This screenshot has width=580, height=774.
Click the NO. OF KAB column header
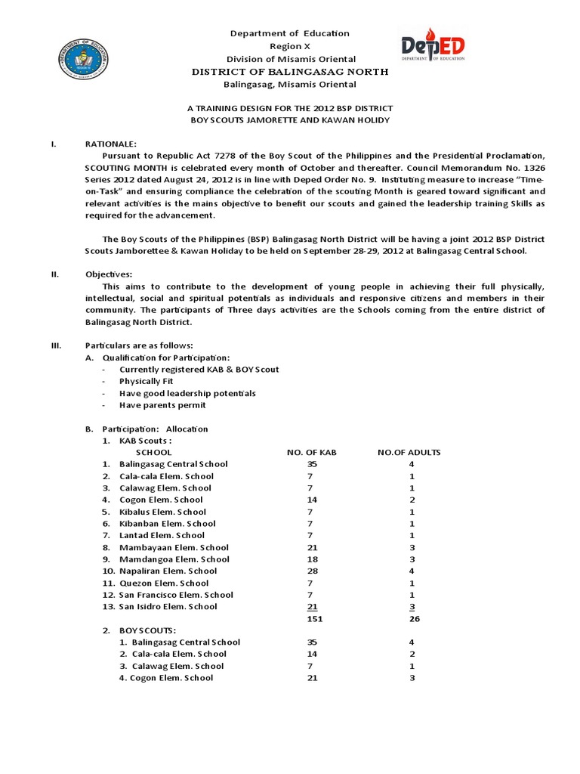pyautogui.click(x=311, y=452)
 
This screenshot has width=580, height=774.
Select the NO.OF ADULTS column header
pyautogui.click(x=409, y=452)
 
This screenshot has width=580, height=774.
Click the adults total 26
pyautogui.click(x=413, y=618)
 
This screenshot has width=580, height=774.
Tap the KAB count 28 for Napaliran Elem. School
pyautogui.click(x=311, y=571)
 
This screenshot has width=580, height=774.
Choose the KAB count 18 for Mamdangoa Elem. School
pyautogui.click(x=311, y=559)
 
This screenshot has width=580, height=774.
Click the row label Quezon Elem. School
pyautogui.click(x=164, y=583)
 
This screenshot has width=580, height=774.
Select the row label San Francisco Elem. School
pyautogui.click(x=176, y=595)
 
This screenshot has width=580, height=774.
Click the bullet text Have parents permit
pyautogui.click(x=162, y=405)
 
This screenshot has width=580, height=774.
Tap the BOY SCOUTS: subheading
pyautogui.click(x=148, y=630)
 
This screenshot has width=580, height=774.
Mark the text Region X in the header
pyautogui.click(x=289, y=46)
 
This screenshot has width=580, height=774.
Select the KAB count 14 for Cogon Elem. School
pyautogui.click(x=311, y=500)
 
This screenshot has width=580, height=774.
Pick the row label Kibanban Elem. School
pyautogui.click(x=167, y=523)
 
